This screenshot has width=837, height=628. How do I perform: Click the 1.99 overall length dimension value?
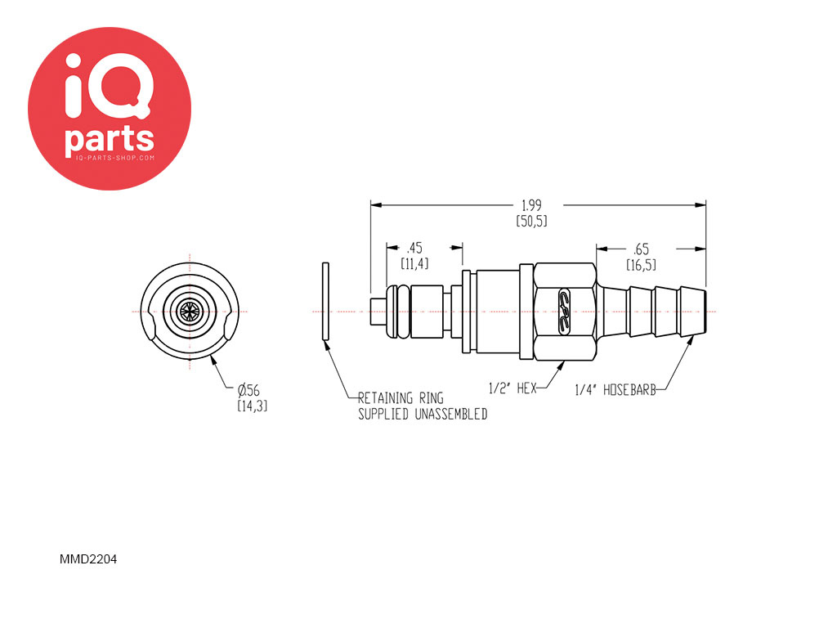tap(531, 205)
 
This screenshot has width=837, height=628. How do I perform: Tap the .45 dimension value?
tap(414, 249)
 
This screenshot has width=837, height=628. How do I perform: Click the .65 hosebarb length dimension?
tap(641, 249)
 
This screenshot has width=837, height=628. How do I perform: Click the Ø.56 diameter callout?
tap(248, 390)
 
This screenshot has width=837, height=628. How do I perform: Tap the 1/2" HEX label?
tap(512, 388)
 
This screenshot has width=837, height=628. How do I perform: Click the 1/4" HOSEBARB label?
tap(615, 390)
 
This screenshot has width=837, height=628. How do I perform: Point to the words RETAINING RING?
tap(401, 398)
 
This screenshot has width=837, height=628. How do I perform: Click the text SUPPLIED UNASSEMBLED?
tap(423, 415)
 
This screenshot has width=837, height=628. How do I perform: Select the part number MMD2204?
tap(88, 559)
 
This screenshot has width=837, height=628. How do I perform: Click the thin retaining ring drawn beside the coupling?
tap(325, 301)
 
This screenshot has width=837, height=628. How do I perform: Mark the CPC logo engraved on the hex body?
tap(564, 312)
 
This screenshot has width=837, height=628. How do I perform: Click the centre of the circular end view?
tap(190, 312)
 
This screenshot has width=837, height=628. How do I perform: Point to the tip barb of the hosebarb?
tap(693, 312)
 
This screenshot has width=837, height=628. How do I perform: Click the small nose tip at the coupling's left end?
tap(379, 312)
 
